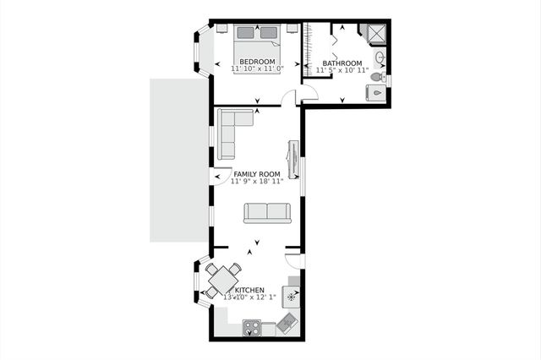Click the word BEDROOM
coord(257,61)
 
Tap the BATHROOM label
coord(342,63)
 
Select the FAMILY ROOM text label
coord(257,174)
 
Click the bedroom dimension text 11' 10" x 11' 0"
coord(257,68)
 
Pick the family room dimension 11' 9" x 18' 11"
coord(257,182)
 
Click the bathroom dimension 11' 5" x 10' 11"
coord(342,70)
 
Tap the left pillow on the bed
coord(246,33)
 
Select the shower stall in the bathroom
coord(371,33)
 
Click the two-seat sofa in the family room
coord(267,212)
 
